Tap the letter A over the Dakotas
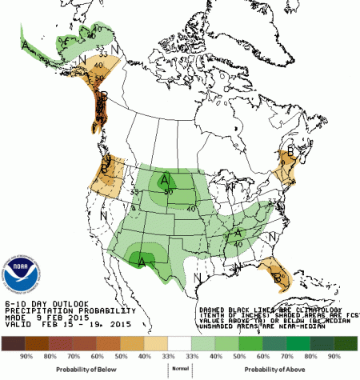click(166, 178)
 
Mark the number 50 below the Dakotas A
click(169, 191)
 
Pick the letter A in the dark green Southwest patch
click(142, 259)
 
